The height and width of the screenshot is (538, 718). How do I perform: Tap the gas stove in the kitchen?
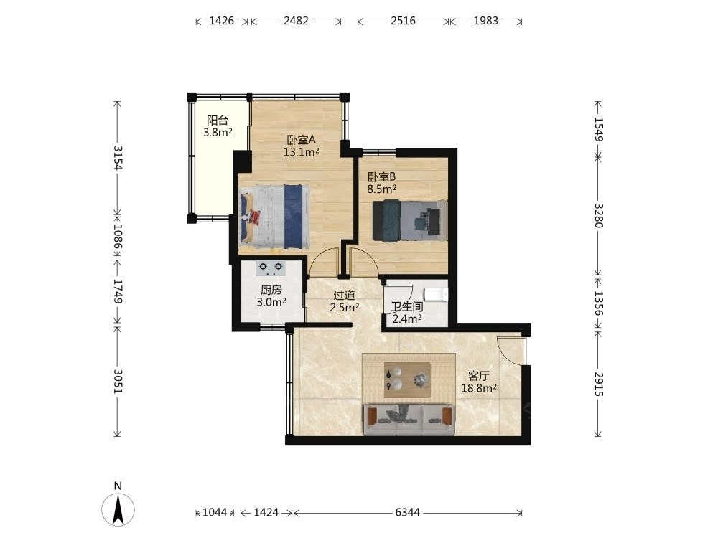[x=270, y=268]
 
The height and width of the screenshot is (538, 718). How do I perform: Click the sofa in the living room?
[x=409, y=419]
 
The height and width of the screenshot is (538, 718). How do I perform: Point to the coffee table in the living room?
[x=407, y=380]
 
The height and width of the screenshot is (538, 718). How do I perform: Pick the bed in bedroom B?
[x=410, y=220]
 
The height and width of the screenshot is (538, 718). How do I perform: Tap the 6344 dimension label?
[x=408, y=512]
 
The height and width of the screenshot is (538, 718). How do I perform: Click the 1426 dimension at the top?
[x=222, y=21]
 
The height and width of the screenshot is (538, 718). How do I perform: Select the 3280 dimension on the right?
[x=599, y=215]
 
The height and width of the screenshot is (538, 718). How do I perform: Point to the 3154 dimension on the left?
[x=118, y=158]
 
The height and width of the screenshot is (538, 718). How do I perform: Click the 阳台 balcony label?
[x=218, y=121]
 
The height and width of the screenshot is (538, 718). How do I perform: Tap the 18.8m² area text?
[x=479, y=388]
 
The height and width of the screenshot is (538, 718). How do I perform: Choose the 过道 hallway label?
[x=345, y=295]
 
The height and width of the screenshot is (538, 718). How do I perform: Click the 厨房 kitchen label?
[x=271, y=290]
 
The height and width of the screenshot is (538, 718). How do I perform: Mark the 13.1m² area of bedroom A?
[x=302, y=152]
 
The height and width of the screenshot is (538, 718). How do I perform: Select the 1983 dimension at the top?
[x=486, y=21]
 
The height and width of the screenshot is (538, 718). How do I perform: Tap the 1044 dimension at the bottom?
[x=215, y=512]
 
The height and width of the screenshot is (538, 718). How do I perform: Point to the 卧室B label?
[x=381, y=176]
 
